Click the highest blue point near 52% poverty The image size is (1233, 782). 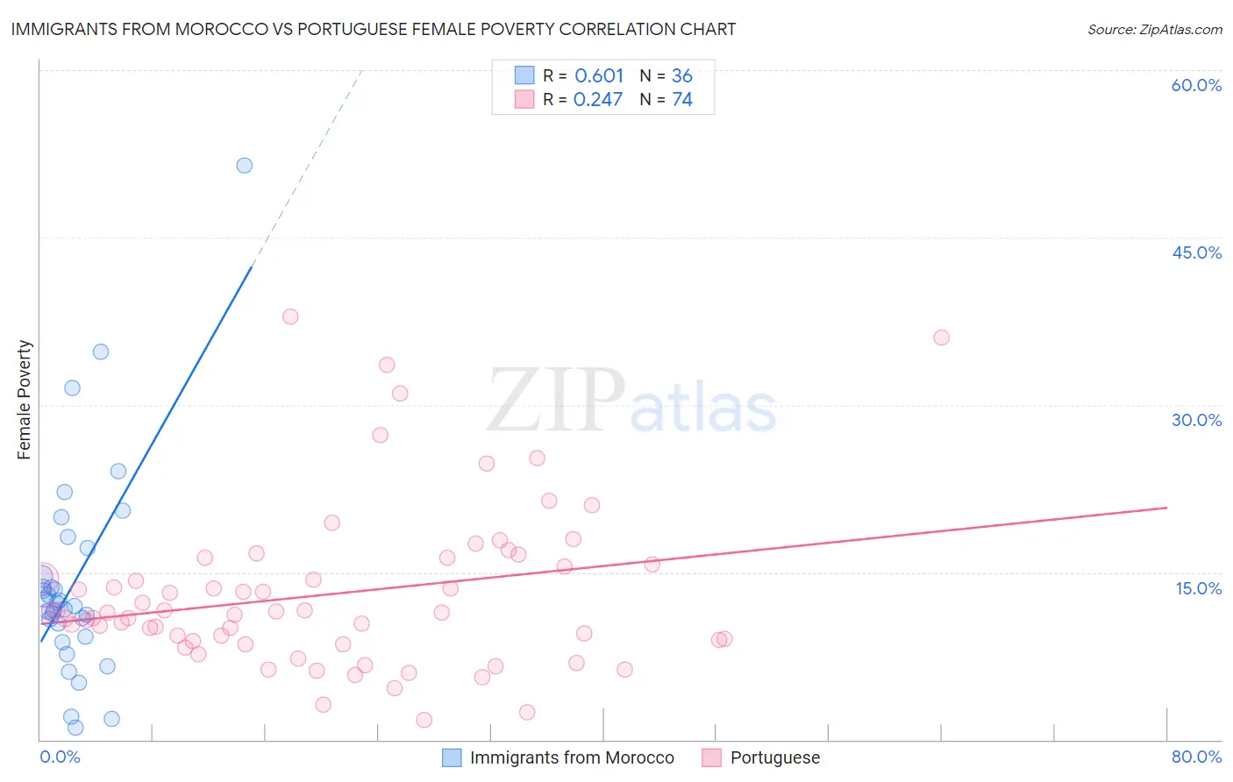(245, 166)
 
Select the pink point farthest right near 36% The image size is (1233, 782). (941, 338)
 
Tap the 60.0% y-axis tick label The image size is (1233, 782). (1196, 85)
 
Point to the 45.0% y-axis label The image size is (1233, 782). (1196, 252)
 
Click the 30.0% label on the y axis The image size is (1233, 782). (1196, 420)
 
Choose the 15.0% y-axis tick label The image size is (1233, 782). (1198, 588)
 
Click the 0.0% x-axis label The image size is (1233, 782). (60, 757)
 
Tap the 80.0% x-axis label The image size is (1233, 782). (1196, 757)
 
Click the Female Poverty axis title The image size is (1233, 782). (25, 400)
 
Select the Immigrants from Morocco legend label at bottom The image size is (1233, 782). (572, 757)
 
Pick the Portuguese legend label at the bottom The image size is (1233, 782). (775, 757)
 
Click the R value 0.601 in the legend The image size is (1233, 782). (599, 76)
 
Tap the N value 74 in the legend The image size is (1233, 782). (682, 100)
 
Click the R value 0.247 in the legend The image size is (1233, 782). (598, 100)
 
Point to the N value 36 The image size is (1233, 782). (682, 76)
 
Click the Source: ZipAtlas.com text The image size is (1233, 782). (1154, 30)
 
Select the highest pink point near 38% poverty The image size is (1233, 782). (290, 316)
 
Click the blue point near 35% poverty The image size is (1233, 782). (101, 352)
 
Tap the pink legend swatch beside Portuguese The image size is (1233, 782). (711, 757)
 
